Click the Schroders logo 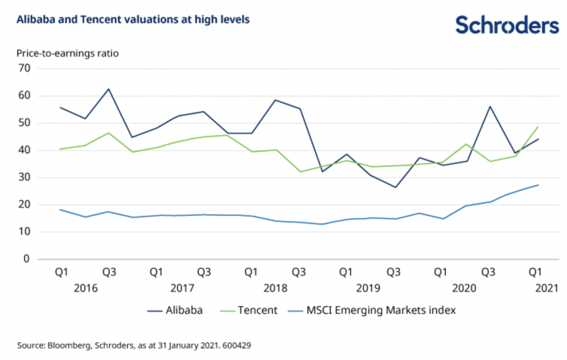point(507,25)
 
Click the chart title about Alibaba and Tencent point(133,20)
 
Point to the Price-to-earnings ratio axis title point(67,53)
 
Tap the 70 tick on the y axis point(24,69)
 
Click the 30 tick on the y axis point(24,177)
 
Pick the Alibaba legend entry point(174,310)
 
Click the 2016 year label point(86,288)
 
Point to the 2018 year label point(275,288)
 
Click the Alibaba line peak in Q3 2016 point(109,89)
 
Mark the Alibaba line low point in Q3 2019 point(393,187)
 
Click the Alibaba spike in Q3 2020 point(490,106)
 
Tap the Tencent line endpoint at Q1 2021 point(538,127)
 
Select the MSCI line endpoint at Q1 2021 point(538,185)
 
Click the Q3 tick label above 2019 point(393,273)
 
